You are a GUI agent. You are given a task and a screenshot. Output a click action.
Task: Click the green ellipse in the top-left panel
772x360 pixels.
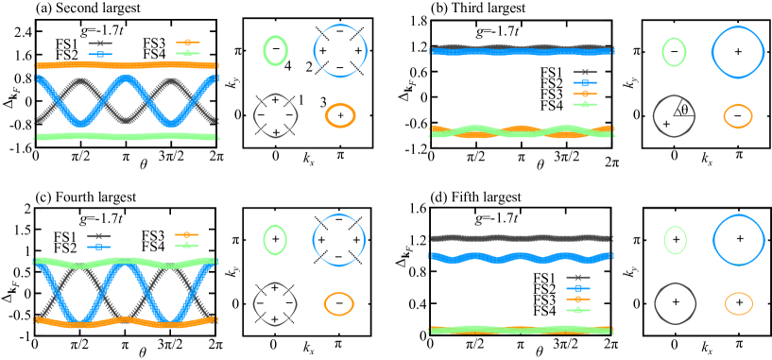(275, 50)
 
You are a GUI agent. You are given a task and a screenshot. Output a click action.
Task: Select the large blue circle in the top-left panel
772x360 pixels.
(340, 50)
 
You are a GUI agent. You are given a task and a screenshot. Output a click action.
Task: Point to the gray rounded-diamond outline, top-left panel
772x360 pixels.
(275, 115)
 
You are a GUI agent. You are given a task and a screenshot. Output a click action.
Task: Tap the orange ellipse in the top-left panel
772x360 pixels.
(340, 115)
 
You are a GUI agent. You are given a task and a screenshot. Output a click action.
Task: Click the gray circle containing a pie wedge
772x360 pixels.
(674, 115)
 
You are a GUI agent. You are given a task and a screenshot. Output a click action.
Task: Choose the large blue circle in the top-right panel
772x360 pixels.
(738, 51)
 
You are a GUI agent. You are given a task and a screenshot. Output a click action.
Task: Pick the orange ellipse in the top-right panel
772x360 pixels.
(738, 116)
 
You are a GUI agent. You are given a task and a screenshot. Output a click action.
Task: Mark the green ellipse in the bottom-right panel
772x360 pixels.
(675, 240)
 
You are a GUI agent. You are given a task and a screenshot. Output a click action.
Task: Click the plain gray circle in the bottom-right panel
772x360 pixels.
(675, 303)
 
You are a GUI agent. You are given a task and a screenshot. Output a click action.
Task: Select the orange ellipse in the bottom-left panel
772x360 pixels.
(338, 303)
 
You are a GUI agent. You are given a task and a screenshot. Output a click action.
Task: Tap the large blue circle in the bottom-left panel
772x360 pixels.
(339, 239)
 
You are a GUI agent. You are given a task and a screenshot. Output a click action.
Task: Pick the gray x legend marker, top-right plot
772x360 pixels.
(585, 73)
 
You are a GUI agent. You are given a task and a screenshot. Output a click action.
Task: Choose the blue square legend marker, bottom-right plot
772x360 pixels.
(577, 288)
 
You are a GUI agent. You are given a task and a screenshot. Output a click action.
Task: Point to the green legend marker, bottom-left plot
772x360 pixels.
(186, 245)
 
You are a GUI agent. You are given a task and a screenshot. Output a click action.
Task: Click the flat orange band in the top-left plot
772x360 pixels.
(127, 65)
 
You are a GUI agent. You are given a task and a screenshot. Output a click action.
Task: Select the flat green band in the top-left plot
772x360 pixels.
(127, 137)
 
